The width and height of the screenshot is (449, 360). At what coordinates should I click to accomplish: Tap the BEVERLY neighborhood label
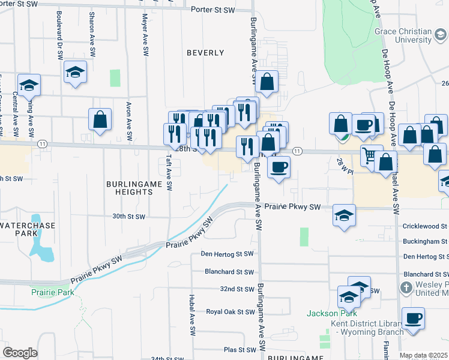(205, 53)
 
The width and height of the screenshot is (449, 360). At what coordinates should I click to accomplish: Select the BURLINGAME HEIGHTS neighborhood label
(130, 187)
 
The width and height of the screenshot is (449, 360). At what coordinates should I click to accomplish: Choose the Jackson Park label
(331, 313)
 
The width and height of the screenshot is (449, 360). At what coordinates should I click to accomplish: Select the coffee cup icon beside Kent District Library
(413, 319)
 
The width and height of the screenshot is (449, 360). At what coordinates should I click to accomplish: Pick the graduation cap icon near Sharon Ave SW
(76, 72)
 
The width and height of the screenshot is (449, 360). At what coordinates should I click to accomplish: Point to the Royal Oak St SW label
(231, 312)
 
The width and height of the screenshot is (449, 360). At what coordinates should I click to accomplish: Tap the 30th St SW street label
(129, 216)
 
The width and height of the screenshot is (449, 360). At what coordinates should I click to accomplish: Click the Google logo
(20, 353)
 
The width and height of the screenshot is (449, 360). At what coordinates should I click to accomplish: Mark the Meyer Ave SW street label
(145, 36)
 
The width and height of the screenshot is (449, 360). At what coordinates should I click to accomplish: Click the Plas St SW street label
(240, 349)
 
